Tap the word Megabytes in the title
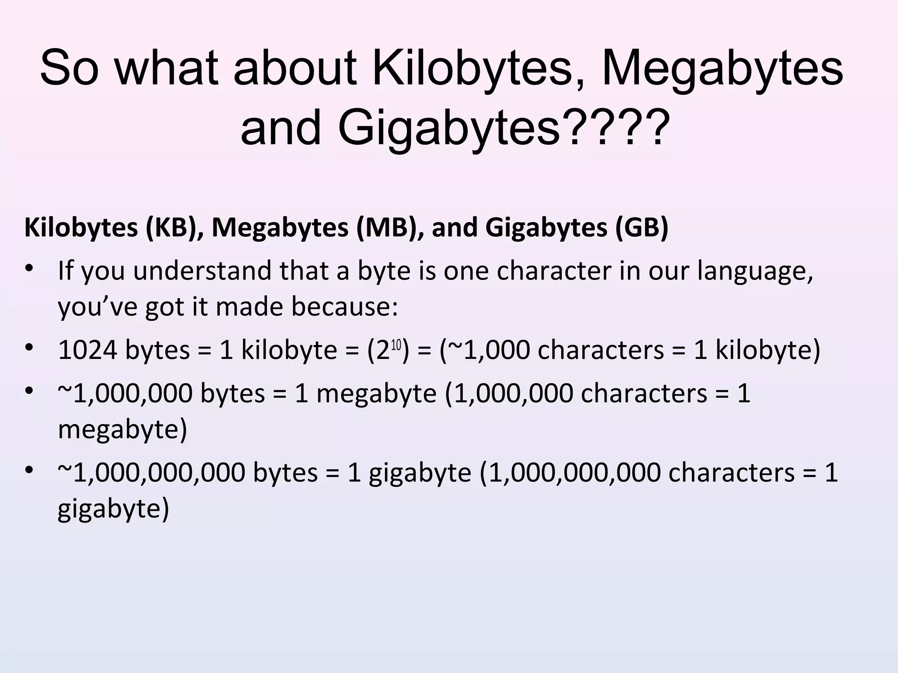(x=723, y=69)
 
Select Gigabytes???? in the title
(x=503, y=128)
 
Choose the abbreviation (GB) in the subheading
(x=641, y=228)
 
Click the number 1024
(x=87, y=350)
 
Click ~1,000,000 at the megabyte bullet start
(x=125, y=393)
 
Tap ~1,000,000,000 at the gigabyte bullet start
(x=151, y=473)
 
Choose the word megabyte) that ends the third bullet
(x=122, y=429)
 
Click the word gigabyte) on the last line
(x=113, y=509)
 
